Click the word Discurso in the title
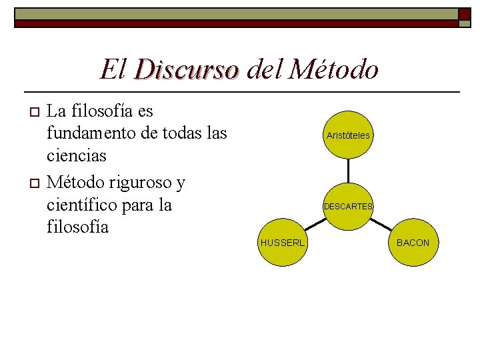186,69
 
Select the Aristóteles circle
348,135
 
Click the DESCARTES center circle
348,207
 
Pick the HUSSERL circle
283,243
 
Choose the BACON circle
413,243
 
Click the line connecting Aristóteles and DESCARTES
348,171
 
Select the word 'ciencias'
76,156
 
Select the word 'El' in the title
111,69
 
